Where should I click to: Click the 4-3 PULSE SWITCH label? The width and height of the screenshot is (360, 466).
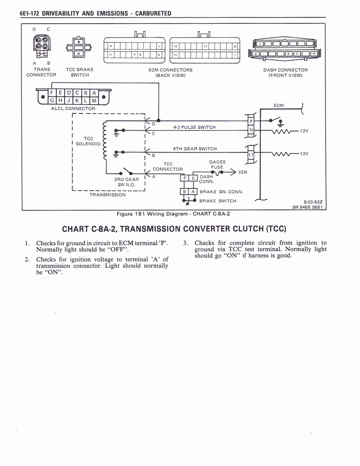coord(194,127)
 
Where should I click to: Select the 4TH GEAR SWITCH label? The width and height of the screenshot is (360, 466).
coord(194,148)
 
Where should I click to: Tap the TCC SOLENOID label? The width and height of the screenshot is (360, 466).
coord(89,141)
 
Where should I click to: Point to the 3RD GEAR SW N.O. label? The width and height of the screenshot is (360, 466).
coord(126,182)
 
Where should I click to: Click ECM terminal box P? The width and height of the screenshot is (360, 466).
coord(251,121)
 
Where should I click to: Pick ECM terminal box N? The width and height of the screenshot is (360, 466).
coord(251,131)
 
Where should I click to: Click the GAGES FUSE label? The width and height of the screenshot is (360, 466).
coord(217,164)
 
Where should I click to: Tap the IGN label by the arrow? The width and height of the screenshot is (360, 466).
coord(243,172)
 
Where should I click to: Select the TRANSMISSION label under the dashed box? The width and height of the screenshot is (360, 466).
coord(107,195)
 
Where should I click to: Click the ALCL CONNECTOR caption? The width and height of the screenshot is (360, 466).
coord(73,109)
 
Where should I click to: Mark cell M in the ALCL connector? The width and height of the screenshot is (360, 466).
coord(94,100)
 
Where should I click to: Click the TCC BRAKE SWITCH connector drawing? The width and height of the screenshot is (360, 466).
coord(78,47)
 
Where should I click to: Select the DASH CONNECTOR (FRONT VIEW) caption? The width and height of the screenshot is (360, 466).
coord(285,72)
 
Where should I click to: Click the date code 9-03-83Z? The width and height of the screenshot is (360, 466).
coord(313,203)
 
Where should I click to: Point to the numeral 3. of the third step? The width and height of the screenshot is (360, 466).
coord(185,243)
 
